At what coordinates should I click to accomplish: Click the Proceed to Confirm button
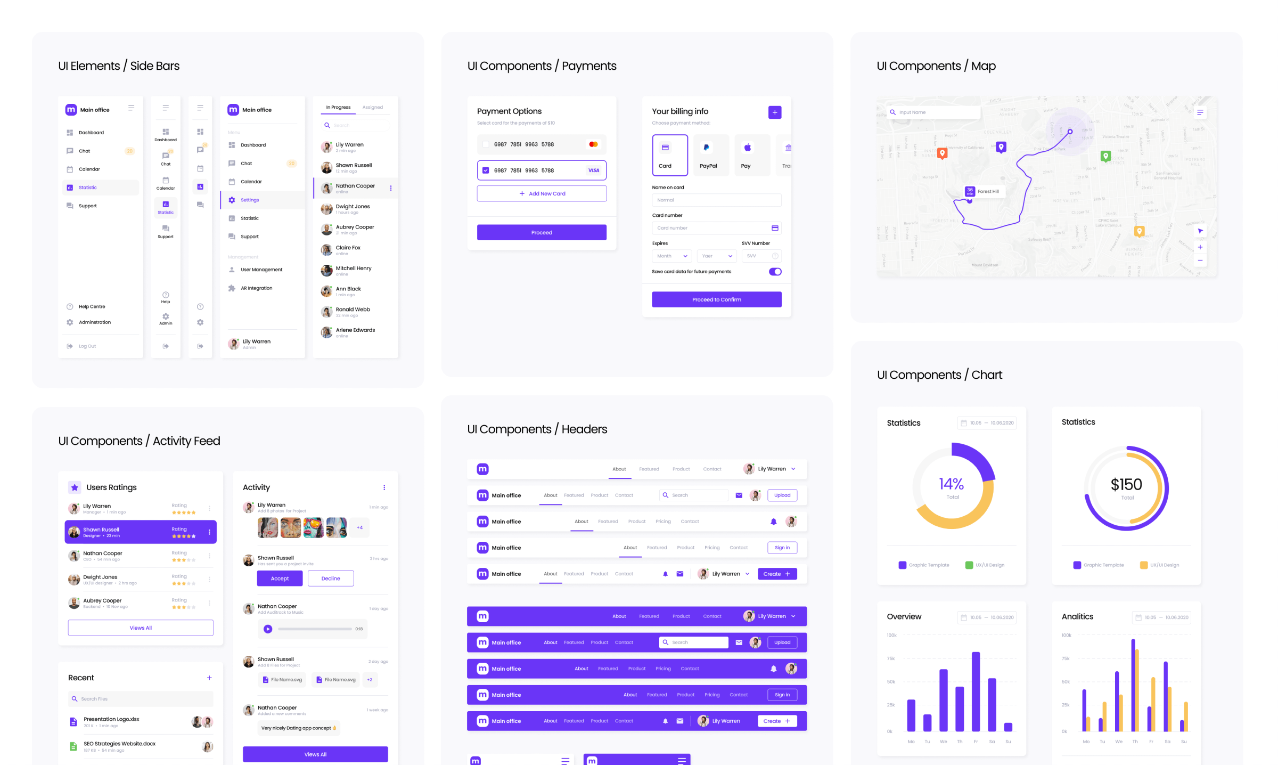click(x=716, y=299)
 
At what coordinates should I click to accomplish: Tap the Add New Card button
click(x=542, y=193)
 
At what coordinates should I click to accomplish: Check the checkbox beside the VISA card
click(x=486, y=170)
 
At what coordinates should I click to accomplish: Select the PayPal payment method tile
click(x=708, y=155)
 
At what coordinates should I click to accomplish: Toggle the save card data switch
click(x=775, y=272)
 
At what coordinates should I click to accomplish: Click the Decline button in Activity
click(x=330, y=578)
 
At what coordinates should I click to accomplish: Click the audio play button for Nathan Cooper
click(x=268, y=629)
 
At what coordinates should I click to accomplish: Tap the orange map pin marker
click(x=942, y=153)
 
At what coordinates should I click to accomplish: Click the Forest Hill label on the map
click(x=988, y=191)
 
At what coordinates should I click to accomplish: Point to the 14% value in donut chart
click(x=951, y=484)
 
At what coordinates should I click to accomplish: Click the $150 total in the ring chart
click(x=1126, y=484)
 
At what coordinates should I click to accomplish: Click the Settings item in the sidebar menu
click(x=249, y=200)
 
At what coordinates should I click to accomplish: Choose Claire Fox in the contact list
click(x=348, y=248)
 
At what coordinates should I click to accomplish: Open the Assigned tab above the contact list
click(x=372, y=107)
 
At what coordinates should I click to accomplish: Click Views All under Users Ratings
click(x=141, y=628)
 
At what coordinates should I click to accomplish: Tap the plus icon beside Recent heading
click(x=209, y=678)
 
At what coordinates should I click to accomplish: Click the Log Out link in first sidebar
click(x=87, y=346)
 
